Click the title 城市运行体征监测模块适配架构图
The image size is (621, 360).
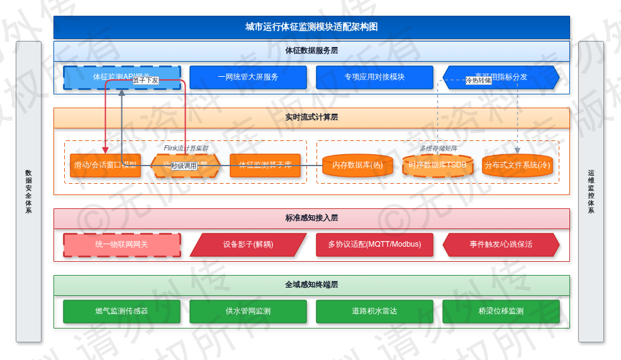(311, 27)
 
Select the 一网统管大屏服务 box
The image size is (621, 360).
(248, 77)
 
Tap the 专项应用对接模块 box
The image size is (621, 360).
(374, 77)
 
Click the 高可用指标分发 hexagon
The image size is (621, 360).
(501, 77)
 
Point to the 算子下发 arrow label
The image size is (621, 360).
(145, 81)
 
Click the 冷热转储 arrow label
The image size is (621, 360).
(478, 81)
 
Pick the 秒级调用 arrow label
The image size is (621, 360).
(184, 166)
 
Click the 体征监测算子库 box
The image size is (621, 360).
(265, 166)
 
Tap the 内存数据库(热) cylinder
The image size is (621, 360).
(357, 166)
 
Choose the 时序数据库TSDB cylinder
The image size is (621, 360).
(437, 166)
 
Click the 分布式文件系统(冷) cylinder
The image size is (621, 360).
(517, 166)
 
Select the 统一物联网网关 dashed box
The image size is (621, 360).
(121, 245)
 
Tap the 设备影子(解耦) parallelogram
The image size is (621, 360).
(248, 245)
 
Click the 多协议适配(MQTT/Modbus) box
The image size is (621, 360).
(374, 245)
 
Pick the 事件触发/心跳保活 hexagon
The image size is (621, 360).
(501, 245)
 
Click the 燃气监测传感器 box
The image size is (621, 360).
(121, 312)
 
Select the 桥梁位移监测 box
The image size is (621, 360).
(501, 312)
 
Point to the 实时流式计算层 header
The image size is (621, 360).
(311, 118)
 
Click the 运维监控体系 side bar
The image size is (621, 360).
(591, 191)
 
